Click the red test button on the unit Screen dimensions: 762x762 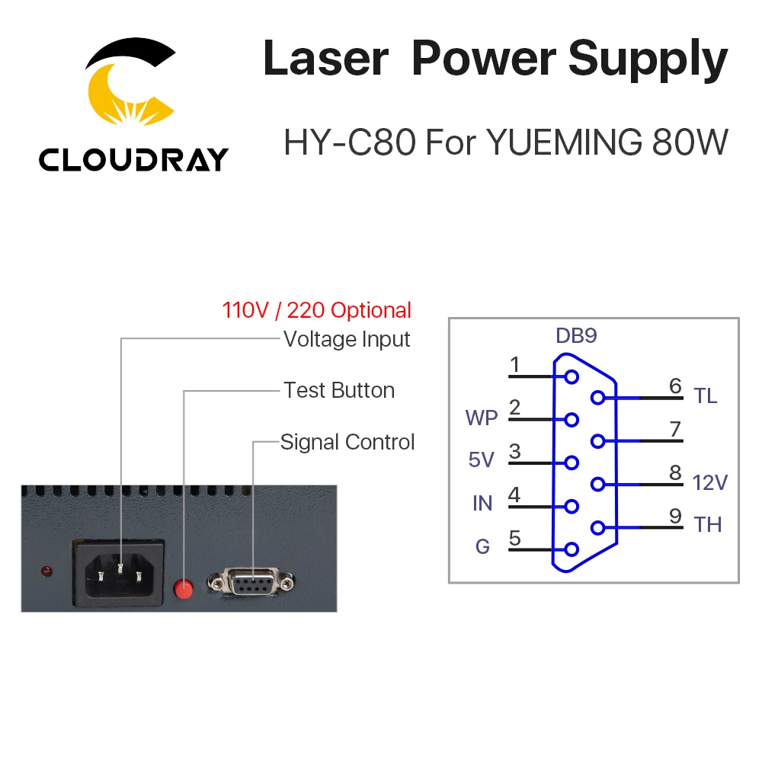click(184, 588)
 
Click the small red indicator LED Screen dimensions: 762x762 click(46, 571)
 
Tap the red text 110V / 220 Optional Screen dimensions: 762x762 click(316, 310)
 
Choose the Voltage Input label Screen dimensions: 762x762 click(347, 339)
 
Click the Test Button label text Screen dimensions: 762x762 click(339, 390)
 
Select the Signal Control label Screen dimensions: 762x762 click(347, 442)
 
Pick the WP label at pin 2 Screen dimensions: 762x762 click(481, 418)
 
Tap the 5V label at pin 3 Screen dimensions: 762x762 click(482, 460)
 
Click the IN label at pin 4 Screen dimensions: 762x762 click(482, 503)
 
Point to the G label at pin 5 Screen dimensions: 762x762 click(482, 546)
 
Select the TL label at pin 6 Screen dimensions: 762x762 click(706, 396)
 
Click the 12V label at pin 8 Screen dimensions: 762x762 click(710, 482)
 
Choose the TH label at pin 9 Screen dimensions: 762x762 click(707, 525)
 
